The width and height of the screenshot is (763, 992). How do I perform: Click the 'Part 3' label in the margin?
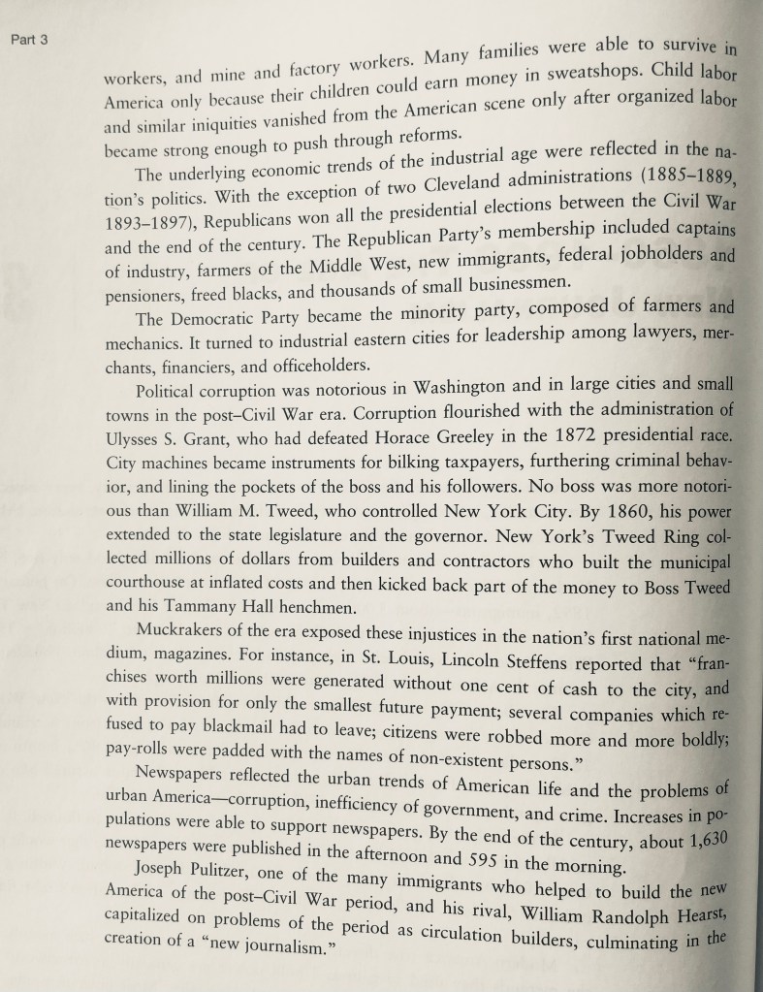tap(28, 41)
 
